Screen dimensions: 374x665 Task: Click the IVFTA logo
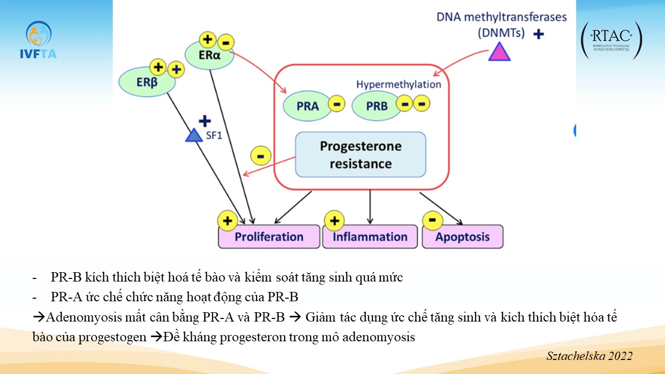click(x=38, y=40)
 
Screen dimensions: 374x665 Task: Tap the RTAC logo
click(x=611, y=40)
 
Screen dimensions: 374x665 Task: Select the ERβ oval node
click(x=146, y=82)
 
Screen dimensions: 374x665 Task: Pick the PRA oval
click(x=308, y=106)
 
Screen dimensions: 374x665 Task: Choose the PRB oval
click(x=377, y=106)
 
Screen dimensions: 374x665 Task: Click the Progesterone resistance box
click(x=361, y=154)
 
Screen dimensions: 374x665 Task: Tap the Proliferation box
click(x=269, y=237)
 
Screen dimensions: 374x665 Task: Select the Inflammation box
click(x=370, y=237)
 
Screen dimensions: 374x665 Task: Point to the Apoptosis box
click(x=462, y=237)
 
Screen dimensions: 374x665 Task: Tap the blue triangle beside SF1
click(x=194, y=136)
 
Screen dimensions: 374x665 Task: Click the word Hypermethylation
click(x=398, y=84)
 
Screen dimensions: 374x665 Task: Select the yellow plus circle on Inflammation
click(x=334, y=221)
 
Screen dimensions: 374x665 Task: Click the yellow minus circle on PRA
click(x=337, y=104)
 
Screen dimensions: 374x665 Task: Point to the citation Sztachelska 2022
click(x=589, y=356)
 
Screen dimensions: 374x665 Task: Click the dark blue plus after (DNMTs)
click(x=539, y=34)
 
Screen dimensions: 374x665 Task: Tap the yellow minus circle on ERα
click(x=225, y=42)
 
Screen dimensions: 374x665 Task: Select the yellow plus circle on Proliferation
click(x=227, y=221)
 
